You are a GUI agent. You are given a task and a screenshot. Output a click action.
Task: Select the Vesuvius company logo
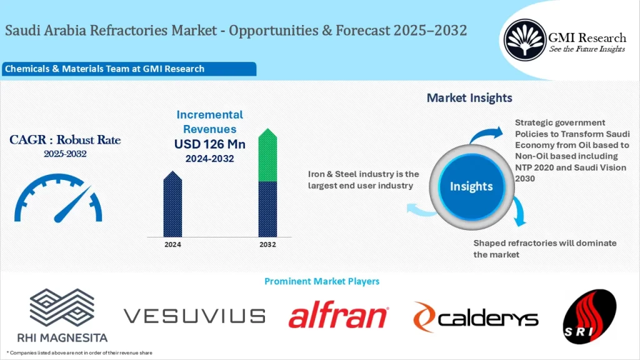[x=194, y=316]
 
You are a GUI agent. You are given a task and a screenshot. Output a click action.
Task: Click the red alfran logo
[x=338, y=316]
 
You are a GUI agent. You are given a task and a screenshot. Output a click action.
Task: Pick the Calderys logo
[x=475, y=317]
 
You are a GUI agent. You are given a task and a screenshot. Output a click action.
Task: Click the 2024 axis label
[x=172, y=244]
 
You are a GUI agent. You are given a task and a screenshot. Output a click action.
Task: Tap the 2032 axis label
[x=267, y=244]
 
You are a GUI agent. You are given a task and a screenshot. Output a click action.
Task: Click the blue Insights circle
[x=471, y=186]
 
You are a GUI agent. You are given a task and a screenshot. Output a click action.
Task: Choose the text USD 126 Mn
[x=209, y=144]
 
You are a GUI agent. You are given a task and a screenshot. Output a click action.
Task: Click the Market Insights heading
[x=469, y=98]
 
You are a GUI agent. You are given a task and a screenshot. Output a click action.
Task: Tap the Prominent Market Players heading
[x=321, y=281]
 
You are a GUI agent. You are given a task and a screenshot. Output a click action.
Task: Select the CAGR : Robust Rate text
[x=65, y=140]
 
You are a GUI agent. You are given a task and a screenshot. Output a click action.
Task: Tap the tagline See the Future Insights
[x=587, y=49]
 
